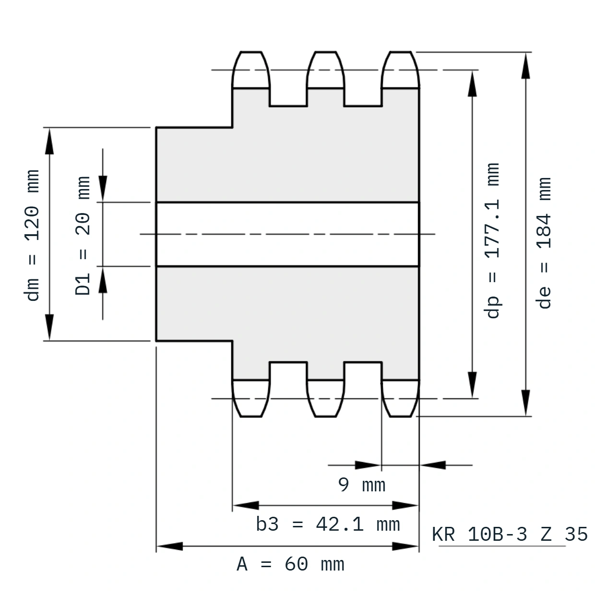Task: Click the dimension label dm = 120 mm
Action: (x=32, y=235)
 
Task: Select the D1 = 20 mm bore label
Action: (x=83, y=236)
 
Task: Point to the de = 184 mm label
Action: (x=544, y=243)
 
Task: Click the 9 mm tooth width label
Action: (x=362, y=485)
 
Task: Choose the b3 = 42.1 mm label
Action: (x=328, y=524)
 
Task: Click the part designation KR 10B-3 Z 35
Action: (x=510, y=534)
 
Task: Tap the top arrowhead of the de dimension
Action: (x=525, y=66)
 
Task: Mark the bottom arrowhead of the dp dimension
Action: (x=472, y=384)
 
